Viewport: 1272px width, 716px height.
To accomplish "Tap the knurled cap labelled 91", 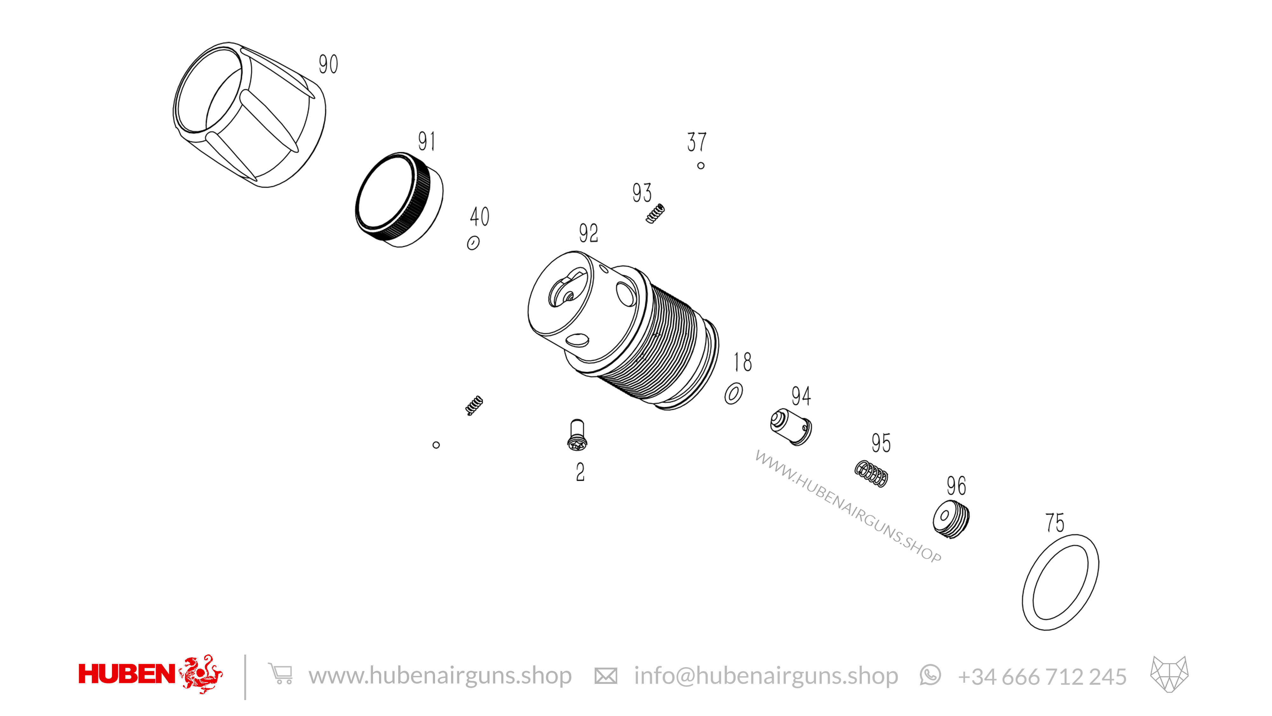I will [x=399, y=200].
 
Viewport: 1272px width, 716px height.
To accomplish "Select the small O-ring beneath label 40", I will [x=473, y=243].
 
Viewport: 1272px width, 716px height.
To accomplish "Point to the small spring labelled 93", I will [x=655, y=214].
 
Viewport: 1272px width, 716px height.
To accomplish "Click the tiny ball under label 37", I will [x=701, y=165].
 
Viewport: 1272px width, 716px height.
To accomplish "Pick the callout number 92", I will [x=588, y=233].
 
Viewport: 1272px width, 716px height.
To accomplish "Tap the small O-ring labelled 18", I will [x=733, y=393].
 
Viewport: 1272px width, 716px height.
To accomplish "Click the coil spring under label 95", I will [x=871, y=474].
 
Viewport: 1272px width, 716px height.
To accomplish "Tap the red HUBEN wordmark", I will [x=127, y=674].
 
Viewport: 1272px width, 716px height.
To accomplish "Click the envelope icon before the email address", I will [x=605, y=676].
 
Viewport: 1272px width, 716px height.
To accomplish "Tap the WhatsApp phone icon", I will [x=930, y=675].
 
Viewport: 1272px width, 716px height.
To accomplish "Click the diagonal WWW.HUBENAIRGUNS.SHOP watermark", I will [x=848, y=507].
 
